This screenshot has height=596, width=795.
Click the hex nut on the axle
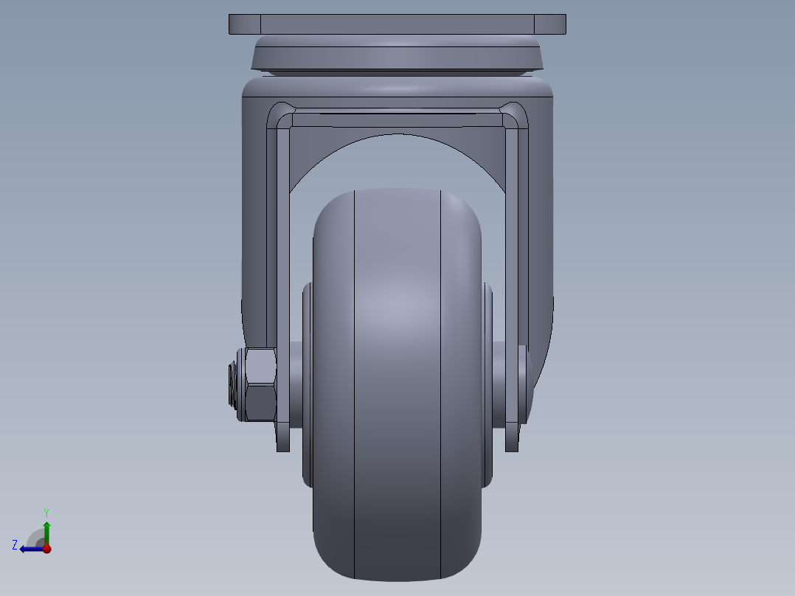tap(260, 384)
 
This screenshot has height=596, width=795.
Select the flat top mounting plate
tap(397, 24)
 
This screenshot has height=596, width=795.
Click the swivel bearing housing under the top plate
tap(397, 56)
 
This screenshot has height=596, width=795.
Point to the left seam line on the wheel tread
tap(355, 384)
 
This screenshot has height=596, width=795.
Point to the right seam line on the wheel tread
tap(441, 384)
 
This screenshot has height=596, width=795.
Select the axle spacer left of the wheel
tap(296, 384)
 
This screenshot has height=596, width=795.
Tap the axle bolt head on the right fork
tap(524, 384)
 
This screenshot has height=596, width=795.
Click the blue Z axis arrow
tap(29, 549)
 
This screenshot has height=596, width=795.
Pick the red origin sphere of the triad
tap(46, 549)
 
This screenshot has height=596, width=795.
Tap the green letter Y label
tap(46, 512)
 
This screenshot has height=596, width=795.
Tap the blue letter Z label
tap(15, 545)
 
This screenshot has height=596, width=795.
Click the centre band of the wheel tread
tap(397, 384)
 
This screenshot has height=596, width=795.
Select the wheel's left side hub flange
tap(307, 384)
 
